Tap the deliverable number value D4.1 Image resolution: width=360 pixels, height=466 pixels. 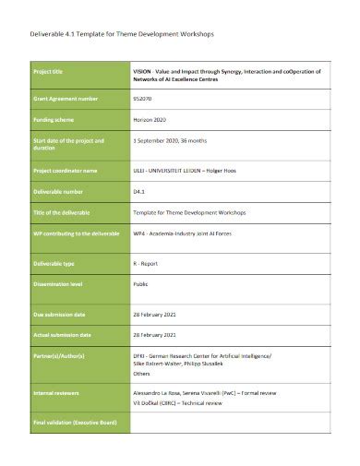(141, 191)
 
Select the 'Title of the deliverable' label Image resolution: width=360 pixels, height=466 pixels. (66, 212)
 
